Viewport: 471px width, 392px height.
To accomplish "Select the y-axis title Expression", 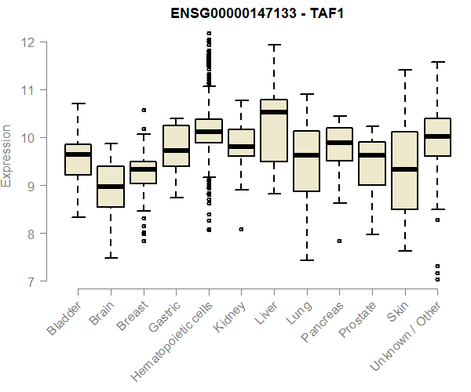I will tap(7, 154).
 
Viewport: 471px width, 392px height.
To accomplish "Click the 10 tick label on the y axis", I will tap(29, 137).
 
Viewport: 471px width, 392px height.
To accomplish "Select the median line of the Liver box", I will tap(274, 112).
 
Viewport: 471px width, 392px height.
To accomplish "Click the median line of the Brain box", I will tap(111, 187).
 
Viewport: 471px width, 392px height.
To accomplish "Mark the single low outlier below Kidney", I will tap(241, 230).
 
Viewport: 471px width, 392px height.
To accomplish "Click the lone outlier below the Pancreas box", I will tap(339, 241).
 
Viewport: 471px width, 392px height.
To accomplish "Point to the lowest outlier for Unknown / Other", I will tap(437, 280).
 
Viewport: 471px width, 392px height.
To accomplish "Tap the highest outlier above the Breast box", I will tap(144, 111).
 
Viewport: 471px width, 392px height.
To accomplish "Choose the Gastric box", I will tap(176, 146).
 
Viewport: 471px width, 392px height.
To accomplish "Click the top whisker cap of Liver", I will tap(274, 45).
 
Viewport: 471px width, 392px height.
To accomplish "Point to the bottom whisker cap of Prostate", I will tap(372, 234).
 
